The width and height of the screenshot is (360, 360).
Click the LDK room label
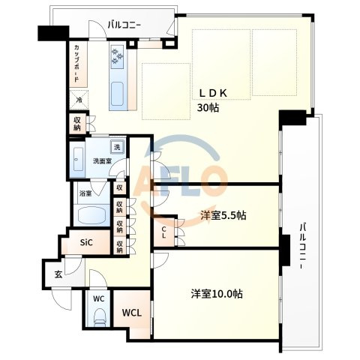pyautogui.click(x=213, y=93)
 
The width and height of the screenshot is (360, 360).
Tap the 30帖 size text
pyautogui.click(x=208, y=108)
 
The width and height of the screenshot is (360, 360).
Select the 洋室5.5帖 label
pyautogui.click(x=223, y=215)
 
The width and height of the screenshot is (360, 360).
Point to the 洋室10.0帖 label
pyautogui.click(x=217, y=294)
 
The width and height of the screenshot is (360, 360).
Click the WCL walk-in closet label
pyautogui.click(x=132, y=313)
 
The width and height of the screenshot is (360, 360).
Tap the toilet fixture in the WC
pyautogui.click(x=100, y=317)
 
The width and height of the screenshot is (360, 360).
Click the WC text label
pyautogui.click(x=99, y=298)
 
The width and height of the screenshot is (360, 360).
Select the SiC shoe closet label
pyautogui.click(x=86, y=242)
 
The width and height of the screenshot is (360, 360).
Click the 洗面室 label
pyautogui.click(x=102, y=161)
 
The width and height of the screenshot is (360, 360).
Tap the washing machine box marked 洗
pyautogui.click(x=117, y=147)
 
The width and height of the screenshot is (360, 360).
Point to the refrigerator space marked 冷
pyautogui.click(x=79, y=100)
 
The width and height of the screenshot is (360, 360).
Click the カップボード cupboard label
pyautogui.click(x=77, y=64)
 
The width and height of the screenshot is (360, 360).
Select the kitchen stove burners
pyautogui.click(x=117, y=57)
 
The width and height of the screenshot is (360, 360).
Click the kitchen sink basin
pyautogui.click(x=117, y=94)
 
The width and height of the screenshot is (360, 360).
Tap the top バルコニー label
pyautogui.click(x=124, y=25)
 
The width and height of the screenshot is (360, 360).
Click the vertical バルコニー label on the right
pyautogui.click(x=303, y=246)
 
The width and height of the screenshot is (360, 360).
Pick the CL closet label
pyautogui.click(x=163, y=232)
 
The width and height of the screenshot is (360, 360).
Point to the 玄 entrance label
pyautogui.click(x=58, y=274)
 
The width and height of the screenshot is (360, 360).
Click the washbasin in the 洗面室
pyautogui.click(x=78, y=159)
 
